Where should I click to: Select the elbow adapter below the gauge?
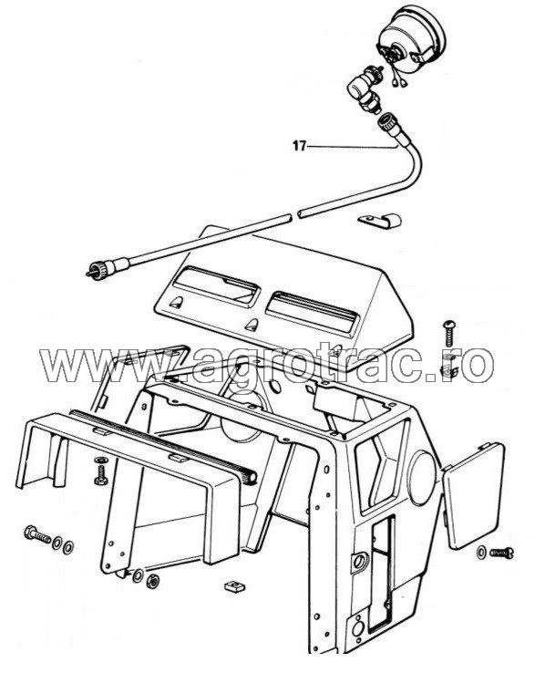361,90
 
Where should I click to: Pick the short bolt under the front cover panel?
98,474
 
